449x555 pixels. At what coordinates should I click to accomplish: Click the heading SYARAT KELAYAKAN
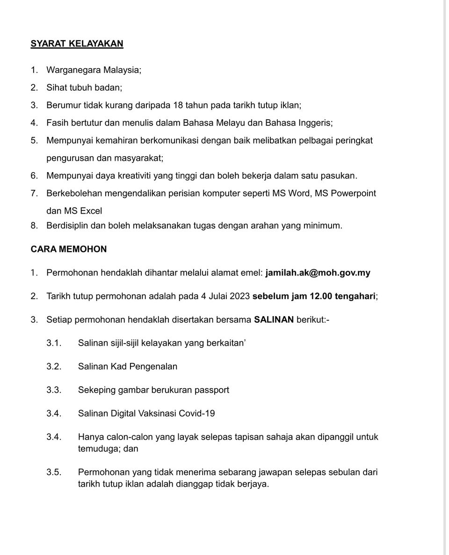point(77,43)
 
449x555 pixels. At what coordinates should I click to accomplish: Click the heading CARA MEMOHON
point(69,249)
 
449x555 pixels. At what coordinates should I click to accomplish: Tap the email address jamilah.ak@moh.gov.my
point(318,273)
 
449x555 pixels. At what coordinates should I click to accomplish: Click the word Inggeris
point(315,123)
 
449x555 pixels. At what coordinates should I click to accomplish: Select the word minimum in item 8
point(323,225)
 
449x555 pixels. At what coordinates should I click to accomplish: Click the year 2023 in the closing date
point(239,296)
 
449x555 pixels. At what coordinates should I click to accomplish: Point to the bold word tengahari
point(355,296)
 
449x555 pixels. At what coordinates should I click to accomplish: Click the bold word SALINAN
point(274,320)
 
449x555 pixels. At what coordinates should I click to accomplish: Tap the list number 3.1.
point(54,343)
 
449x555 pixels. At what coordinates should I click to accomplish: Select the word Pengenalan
point(153,367)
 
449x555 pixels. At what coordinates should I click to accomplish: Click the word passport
point(212,390)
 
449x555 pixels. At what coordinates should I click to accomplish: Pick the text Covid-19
point(200,413)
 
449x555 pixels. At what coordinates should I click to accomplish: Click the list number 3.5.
point(54,472)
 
